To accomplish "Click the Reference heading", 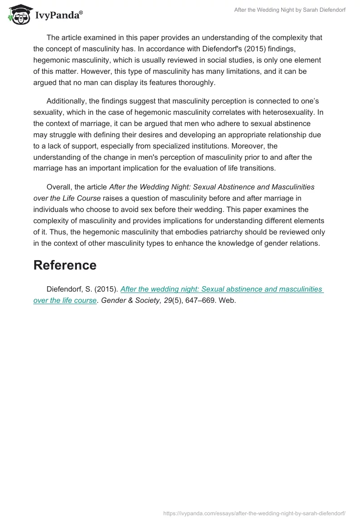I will click(65, 265).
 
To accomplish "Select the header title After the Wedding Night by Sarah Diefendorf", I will click(290, 10).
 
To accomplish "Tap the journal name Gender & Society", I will click(131, 300).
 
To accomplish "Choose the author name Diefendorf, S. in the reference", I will click(68, 289).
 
